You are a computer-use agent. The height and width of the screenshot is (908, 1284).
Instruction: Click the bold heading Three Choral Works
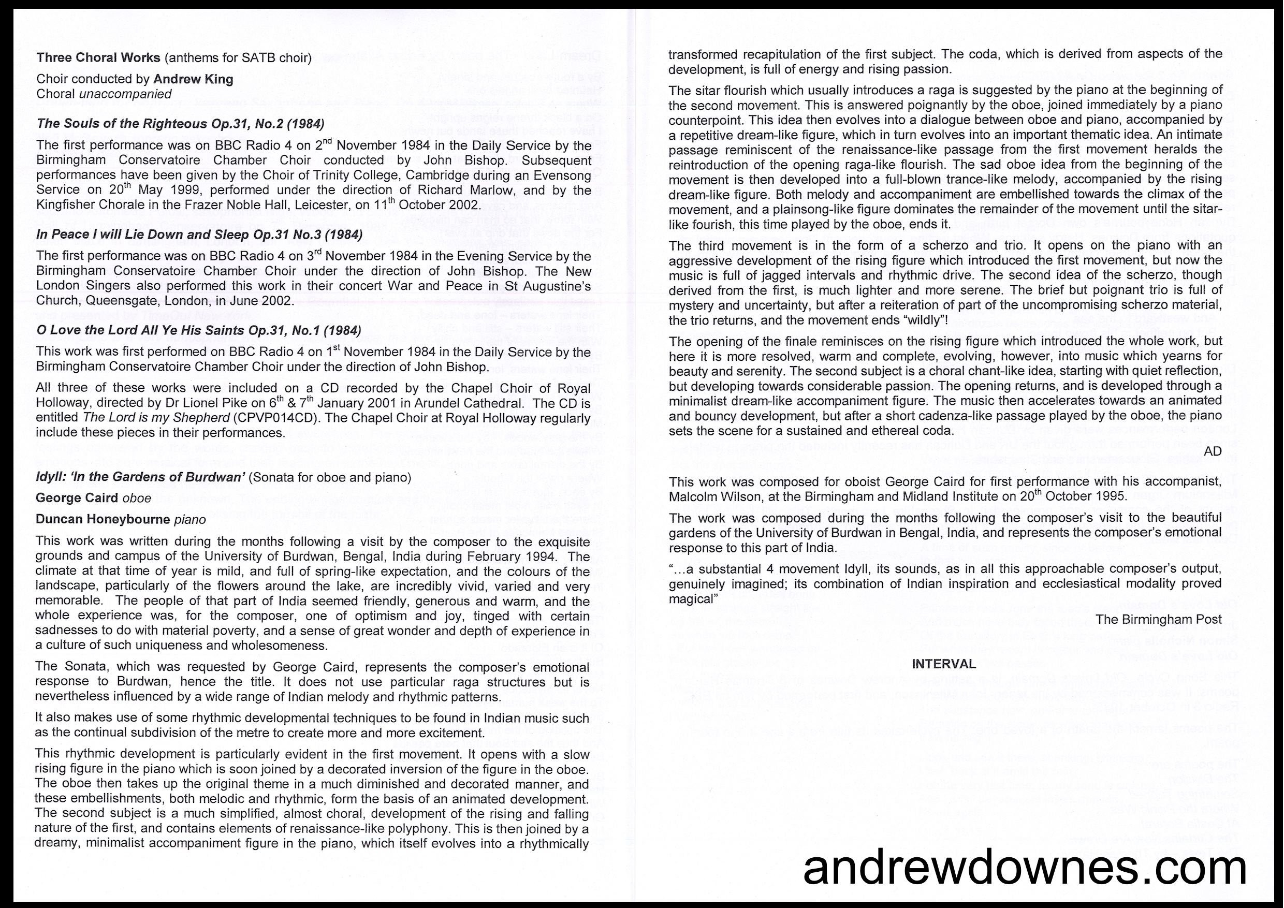(x=98, y=57)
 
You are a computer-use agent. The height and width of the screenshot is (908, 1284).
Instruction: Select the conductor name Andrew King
(x=193, y=79)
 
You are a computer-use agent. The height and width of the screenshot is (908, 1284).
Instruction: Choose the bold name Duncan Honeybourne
(x=103, y=519)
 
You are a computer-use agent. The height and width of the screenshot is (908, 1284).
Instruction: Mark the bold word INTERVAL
(x=944, y=664)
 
